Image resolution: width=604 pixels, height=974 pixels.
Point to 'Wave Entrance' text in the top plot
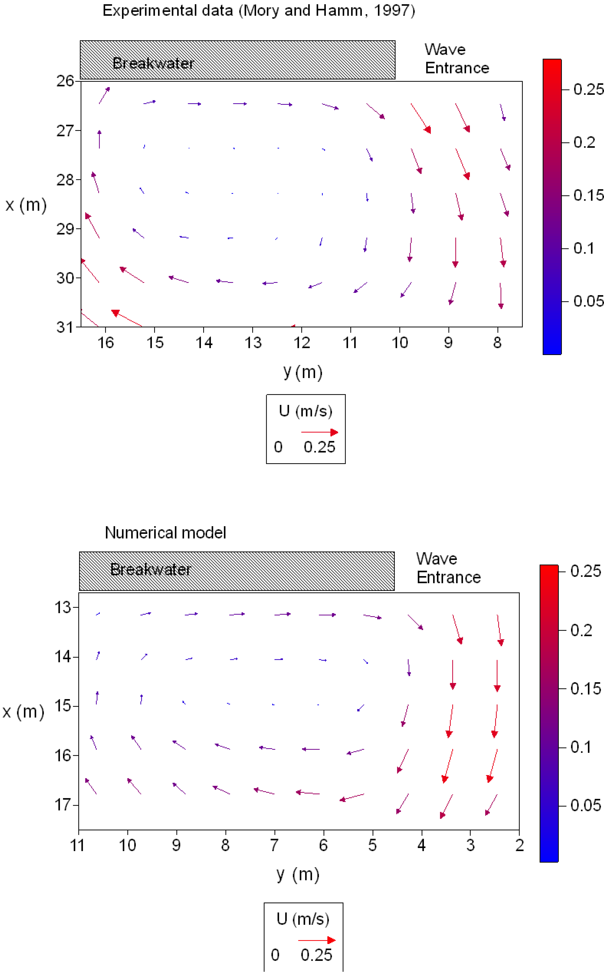(x=457, y=59)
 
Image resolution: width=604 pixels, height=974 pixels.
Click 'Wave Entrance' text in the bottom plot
(x=448, y=568)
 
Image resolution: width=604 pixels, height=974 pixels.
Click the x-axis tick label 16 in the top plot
(x=106, y=343)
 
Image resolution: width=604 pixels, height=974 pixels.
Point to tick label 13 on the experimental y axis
(x=253, y=343)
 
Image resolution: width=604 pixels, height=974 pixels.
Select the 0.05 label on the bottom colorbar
(x=585, y=806)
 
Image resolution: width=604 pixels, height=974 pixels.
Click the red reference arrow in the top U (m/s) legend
(x=319, y=432)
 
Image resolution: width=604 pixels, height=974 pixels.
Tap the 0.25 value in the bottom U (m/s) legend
(x=316, y=955)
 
